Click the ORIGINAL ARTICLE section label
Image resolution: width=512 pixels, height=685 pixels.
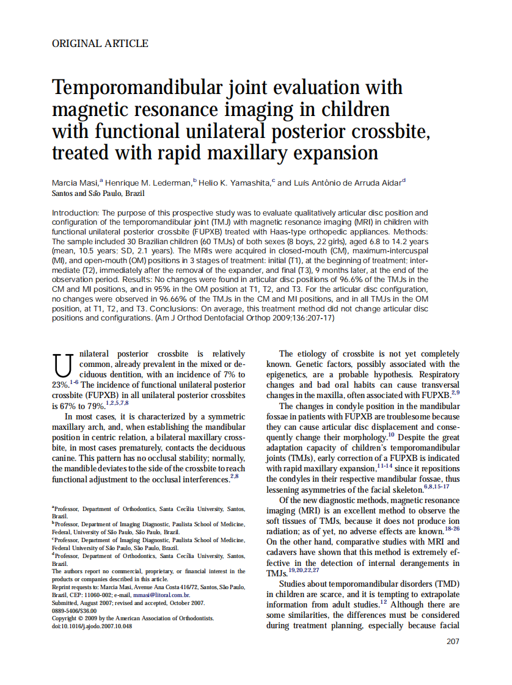point(100,43)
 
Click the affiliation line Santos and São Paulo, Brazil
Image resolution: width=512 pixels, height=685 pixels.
point(98,193)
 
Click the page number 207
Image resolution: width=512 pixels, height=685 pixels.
point(453,641)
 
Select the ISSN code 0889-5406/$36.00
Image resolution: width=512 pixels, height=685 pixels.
point(75,611)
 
